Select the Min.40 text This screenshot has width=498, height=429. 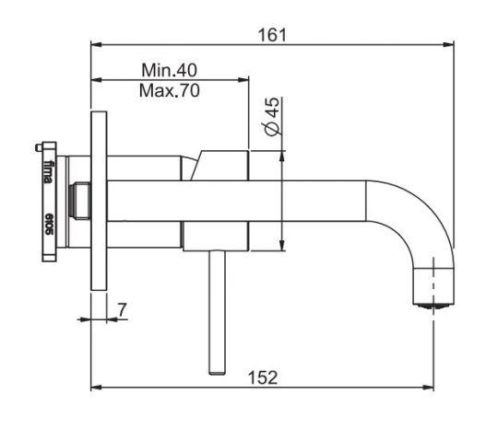[x=171, y=70]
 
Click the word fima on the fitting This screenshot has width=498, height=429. [x=48, y=172]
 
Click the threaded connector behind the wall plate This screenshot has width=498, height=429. [x=80, y=201]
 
